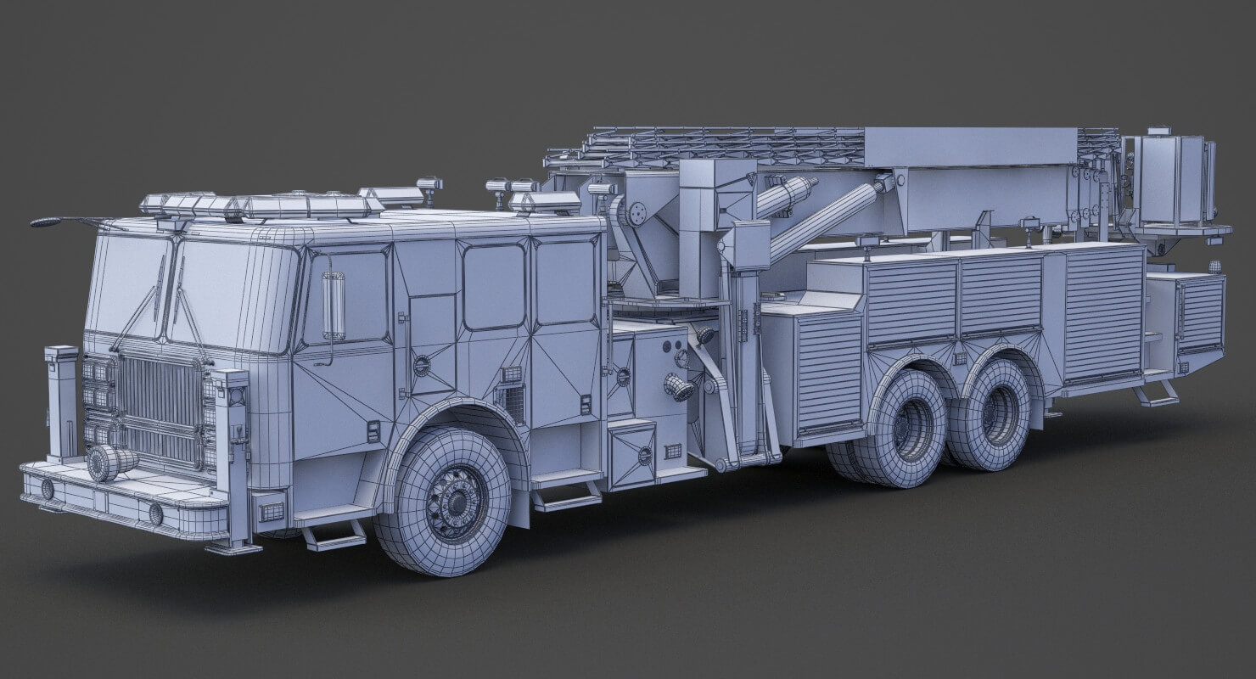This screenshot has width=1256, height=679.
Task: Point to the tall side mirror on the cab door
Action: (333, 306)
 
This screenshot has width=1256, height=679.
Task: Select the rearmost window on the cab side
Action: (565, 282)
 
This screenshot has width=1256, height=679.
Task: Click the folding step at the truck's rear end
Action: (1156, 394)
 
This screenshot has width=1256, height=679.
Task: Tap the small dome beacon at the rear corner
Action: (1214, 267)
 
